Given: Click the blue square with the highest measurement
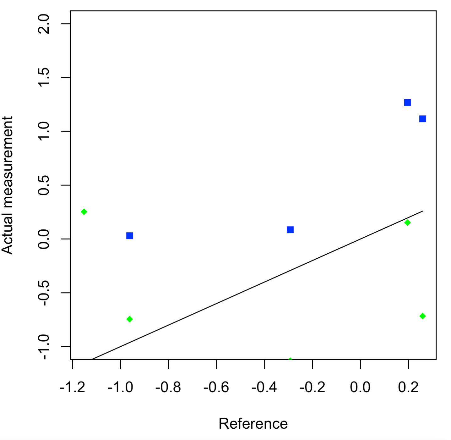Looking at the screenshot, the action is (x=407, y=102).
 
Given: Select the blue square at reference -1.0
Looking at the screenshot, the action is (x=129, y=236).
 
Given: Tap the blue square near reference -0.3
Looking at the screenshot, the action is (x=290, y=230).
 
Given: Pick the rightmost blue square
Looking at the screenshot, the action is (x=422, y=119).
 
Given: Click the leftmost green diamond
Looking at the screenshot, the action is (x=84, y=212).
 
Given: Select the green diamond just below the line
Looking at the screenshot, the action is (x=407, y=223).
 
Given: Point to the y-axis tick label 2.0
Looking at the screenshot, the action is (x=44, y=24).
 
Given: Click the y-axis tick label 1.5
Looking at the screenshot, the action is (x=44, y=77).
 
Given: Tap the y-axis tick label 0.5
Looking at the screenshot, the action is (x=44, y=185).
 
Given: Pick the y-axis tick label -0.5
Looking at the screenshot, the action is (x=44, y=293).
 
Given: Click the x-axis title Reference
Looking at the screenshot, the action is (x=253, y=424).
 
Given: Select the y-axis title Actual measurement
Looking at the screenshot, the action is (x=7, y=185).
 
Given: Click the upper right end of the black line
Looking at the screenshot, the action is (x=423, y=211).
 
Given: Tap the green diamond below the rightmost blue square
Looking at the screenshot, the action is (x=422, y=316).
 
